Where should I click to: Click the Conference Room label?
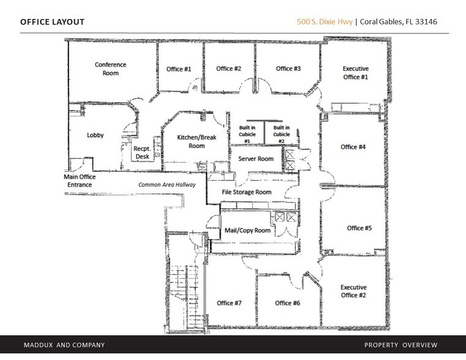pyautogui.click(x=107, y=69)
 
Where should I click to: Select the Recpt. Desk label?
pyautogui.click(x=143, y=152)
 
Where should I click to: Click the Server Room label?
pyautogui.click(x=255, y=159)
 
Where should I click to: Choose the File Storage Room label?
pyautogui.click(x=246, y=192)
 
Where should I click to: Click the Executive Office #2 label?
pyautogui.click(x=353, y=291)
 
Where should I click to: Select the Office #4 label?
pyautogui.click(x=353, y=147)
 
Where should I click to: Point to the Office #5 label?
pyautogui.click(x=359, y=228)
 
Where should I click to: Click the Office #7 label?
pyautogui.click(x=230, y=303)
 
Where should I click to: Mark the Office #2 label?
pyautogui.click(x=228, y=69)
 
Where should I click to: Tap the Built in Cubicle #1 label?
pyautogui.click(x=247, y=133)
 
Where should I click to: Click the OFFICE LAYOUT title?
pyautogui.click(x=53, y=23)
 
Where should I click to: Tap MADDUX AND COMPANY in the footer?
pyautogui.click(x=60, y=345)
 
